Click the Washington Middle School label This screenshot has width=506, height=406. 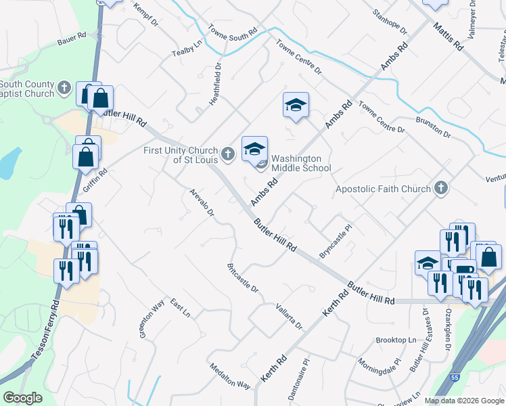pyautogui.click(x=301, y=163)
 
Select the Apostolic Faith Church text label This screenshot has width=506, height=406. pyautogui.click(x=383, y=189)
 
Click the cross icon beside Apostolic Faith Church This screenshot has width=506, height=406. pyautogui.click(x=441, y=187)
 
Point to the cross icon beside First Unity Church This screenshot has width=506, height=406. pyautogui.click(x=229, y=155)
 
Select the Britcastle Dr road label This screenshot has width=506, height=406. pyautogui.click(x=244, y=277)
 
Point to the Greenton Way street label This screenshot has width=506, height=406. pyautogui.click(x=152, y=319)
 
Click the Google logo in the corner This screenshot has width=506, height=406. pyautogui.click(x=22, y=398)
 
